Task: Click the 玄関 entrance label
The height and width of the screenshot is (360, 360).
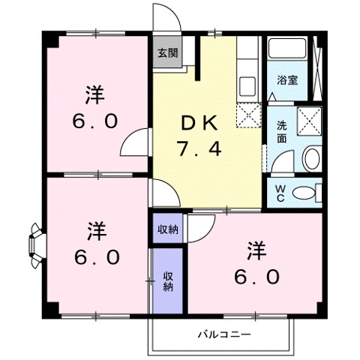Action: pyautogui.click(x=168, y=53)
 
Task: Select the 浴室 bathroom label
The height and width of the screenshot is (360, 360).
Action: pyautogui.click(x=288, y=80)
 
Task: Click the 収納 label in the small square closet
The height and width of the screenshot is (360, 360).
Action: pyautogui.click(x=168, y=229)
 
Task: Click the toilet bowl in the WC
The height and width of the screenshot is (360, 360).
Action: pyautogui.click(x=304, y=192)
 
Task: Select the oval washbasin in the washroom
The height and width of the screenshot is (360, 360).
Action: pyautogui.click(x=311, y=159)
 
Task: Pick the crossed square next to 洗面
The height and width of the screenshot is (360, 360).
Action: pyautogui.click(x=309, y=120)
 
